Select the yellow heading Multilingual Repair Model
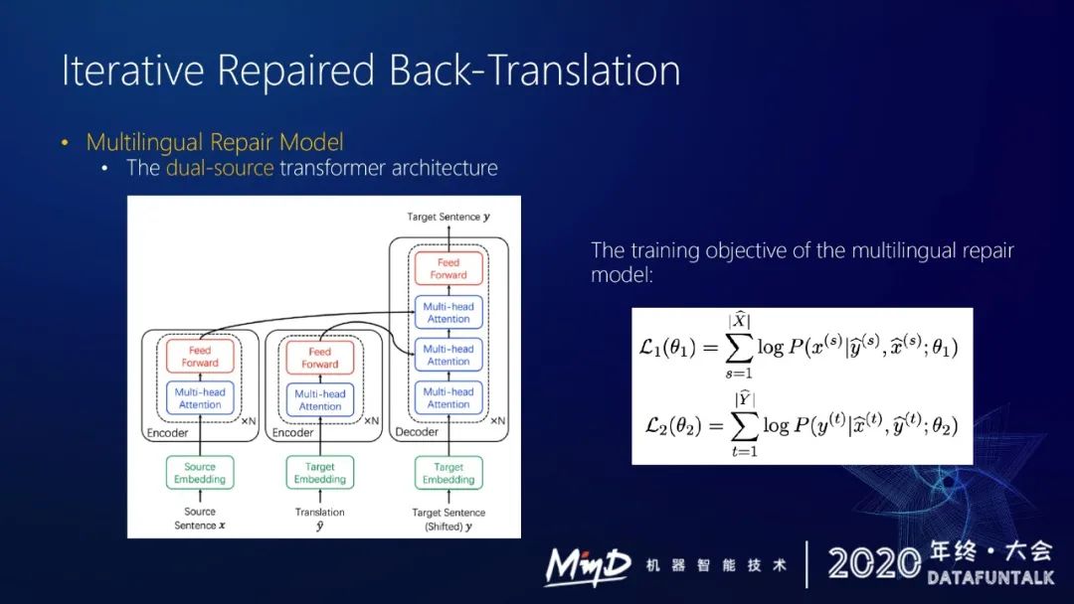(215, 142)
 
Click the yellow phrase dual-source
(219, 168)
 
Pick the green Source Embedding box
(200, 473)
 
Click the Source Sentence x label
(200, 519)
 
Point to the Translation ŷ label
(320, 519)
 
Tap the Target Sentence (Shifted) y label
(448, 519)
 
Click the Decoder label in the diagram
(417, 432)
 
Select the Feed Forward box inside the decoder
(448, 268)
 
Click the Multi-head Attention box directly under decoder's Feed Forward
(448, 313)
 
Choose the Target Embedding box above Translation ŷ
(320, 473)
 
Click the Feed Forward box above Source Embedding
(200, 357)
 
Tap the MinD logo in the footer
(587, 564)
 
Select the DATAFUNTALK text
(989, 577)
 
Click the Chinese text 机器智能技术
(716, 565)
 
